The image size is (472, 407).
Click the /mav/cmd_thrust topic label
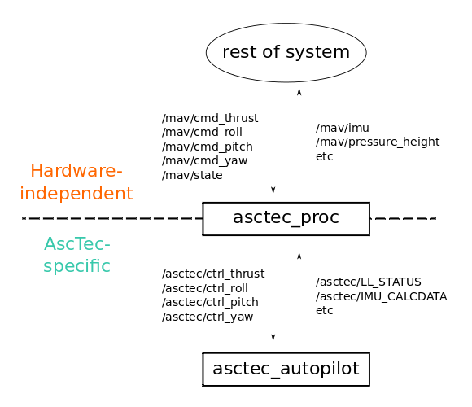click(x=210, y=118)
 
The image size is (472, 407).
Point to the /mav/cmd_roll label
click(x=202, y=133)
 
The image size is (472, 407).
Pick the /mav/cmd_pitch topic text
click(x=207, y=147)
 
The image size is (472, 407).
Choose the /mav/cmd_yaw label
click(x=204, y=161)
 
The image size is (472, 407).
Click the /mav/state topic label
click(x=192, y=175)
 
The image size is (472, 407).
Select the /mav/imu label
click(x=343, y=129)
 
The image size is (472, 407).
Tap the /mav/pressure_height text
click(x=378, y=142)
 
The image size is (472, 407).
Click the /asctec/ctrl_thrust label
click(x=213, y=274)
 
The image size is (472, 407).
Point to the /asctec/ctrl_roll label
click(x=205, y=288)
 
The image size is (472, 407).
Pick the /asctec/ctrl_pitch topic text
click(x=210, y=303)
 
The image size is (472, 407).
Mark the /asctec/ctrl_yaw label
click(x=208, y=317)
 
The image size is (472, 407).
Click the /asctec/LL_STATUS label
click(x=368, y=282)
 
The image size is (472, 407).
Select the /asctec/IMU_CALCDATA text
click(x=381, y=296)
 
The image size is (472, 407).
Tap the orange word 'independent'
click(x=76, y=193)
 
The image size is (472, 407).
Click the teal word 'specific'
click(x=77, y=266)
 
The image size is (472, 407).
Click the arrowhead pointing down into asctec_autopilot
click(x=273, y=337)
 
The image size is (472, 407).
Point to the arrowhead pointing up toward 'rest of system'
click(x=299, y=92)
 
